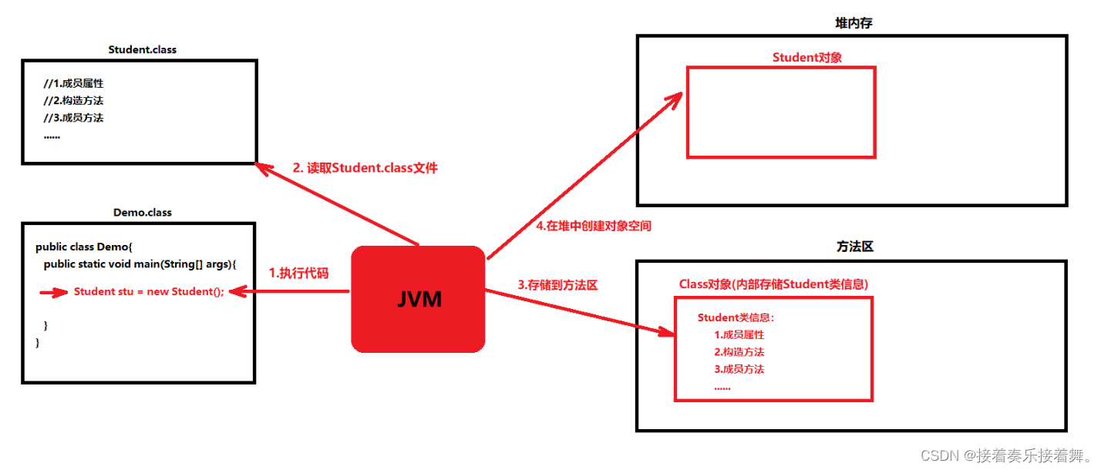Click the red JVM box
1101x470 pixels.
tap(418, 299)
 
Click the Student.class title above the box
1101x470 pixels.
tap(143, 50)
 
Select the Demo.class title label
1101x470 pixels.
tap(143, 213)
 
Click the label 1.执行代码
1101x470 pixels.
tap(298, 273)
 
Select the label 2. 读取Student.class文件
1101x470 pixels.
tap(365, 168)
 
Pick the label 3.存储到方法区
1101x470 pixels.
tap(557, 285)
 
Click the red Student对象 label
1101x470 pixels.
tap(807, 58)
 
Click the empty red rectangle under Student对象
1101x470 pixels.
tap(780, 112)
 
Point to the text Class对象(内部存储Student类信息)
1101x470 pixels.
tap(773, 284)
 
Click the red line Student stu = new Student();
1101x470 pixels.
tap(149, 291)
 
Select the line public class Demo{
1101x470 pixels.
tap(85, 247)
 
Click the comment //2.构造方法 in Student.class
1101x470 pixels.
tap(74, 101)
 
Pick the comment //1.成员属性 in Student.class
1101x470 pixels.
tap(74, 83)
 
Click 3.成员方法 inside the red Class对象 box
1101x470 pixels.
tap(739, 369)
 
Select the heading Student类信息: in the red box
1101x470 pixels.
tap(736, 317)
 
